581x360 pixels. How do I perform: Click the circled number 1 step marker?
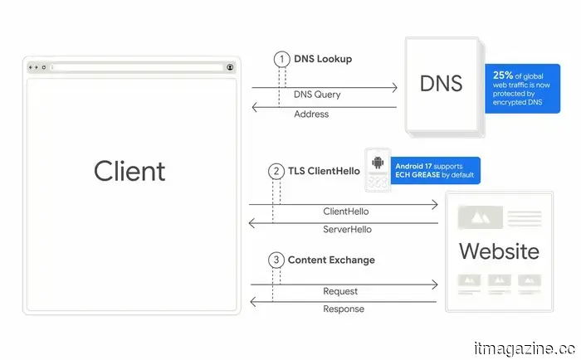point(281,59)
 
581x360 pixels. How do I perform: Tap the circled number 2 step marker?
point(276,172)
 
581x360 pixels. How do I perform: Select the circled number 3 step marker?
point(276,260)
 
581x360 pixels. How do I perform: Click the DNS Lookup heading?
point(323,59)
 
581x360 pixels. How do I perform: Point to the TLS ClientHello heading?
point(324,171)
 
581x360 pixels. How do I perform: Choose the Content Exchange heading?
point(331,260)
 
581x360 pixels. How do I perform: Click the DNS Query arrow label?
point(317,95)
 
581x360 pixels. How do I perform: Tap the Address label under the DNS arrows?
point(311,114)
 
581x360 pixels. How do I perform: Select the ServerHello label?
point(347,229)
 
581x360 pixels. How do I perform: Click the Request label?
point(340,291)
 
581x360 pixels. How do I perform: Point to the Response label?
point(344,309)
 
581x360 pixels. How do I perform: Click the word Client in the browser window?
point(129,171)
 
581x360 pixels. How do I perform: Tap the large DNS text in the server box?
point(441,83)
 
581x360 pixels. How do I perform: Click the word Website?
point(499,251)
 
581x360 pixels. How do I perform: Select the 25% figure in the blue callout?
point(503,75)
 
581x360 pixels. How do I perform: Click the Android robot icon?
point(378,163)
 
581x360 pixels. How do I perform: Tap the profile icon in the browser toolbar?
point(230,67)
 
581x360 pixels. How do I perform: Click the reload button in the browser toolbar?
point(44,67)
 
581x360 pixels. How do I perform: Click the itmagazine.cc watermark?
point(525,349)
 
